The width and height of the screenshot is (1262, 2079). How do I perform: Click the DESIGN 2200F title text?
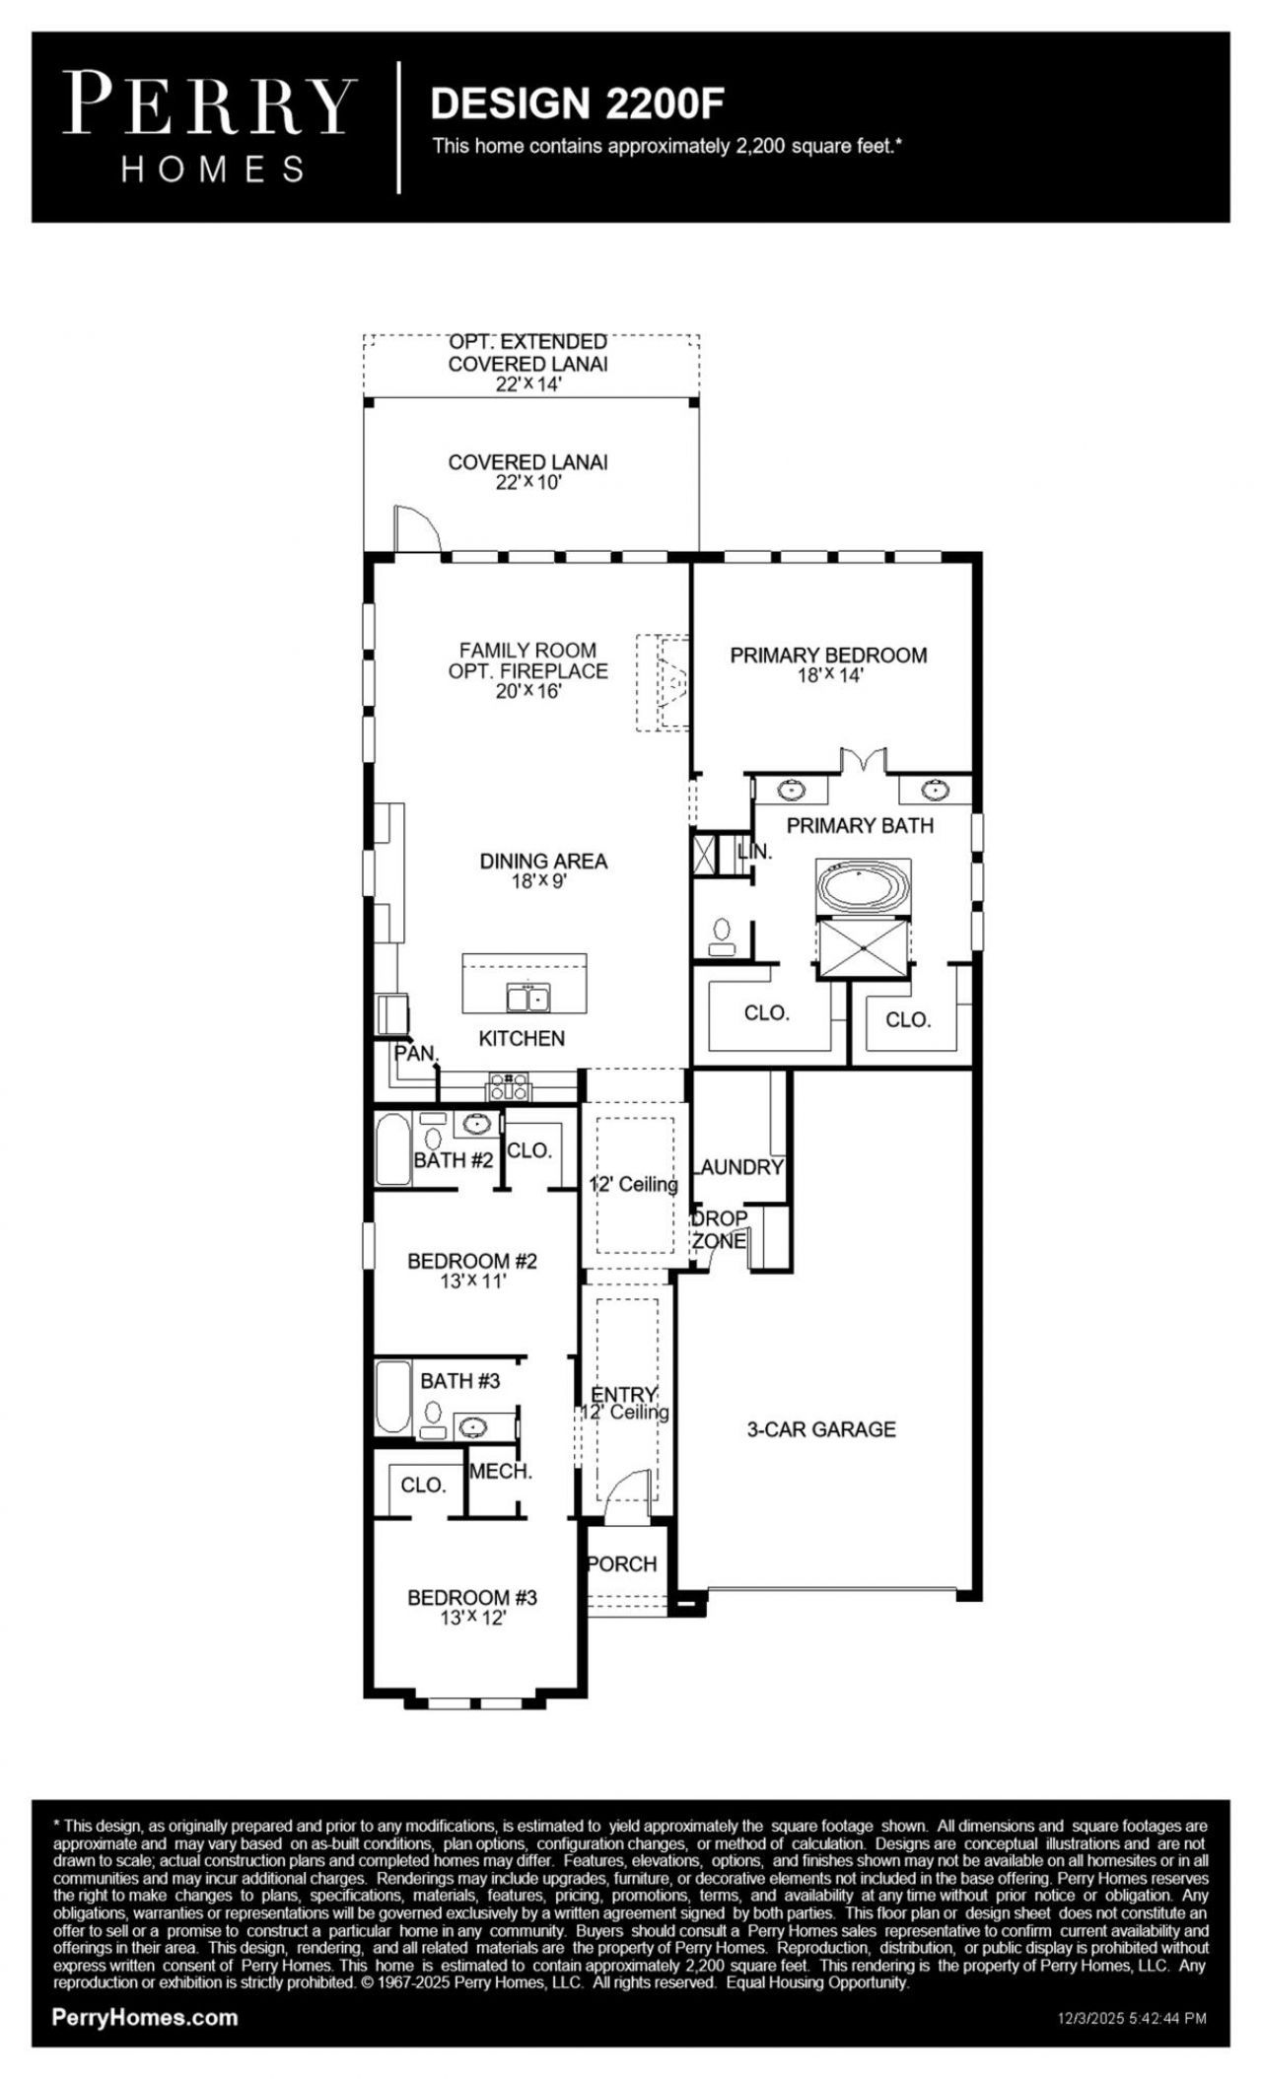pyautogui.click(x=578, y=104)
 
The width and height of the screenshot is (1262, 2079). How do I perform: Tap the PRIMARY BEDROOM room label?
pyautogui.click(x=828, y=655)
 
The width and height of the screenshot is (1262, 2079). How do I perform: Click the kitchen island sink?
pyautogui.click(x=528, y=998)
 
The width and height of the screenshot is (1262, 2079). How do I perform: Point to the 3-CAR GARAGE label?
pyautogui.click(x=821, y=1429)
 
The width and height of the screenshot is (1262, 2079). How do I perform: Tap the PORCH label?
pyautogui.click(x=622, y=1563)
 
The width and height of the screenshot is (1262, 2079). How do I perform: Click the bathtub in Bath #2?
pyautogui.click(x=392, y=1149)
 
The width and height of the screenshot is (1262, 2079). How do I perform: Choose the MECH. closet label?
pyautogui.click(x=501, y=1472)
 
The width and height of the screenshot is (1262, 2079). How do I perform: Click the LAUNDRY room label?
pyautogui.click(x=739, y=1167)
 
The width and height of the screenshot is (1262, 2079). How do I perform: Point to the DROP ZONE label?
pyautogui.click(x=719, y=1229)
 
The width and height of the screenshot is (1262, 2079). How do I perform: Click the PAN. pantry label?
pyautogui.click(x=415, y=1053)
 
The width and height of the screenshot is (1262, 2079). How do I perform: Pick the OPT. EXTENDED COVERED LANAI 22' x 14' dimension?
pyautogui.click(x=528, y=384)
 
